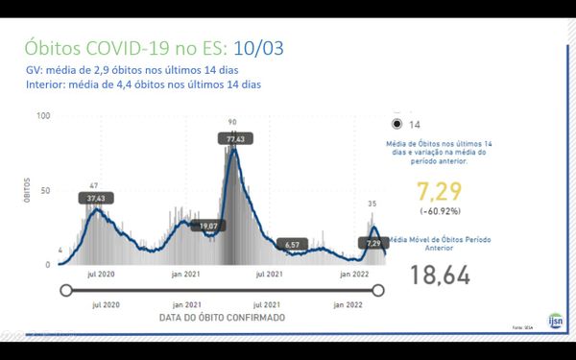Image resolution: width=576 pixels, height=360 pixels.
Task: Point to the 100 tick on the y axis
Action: (43, 116)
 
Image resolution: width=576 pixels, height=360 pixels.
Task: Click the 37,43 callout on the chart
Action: (94, 198)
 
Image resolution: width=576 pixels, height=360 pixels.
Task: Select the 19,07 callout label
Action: (206, 226)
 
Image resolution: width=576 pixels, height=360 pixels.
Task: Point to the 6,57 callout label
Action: (294, 245)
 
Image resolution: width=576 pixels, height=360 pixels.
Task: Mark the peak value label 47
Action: (94, 185)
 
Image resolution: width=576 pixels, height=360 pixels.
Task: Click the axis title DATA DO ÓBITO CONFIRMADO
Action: (222, 316)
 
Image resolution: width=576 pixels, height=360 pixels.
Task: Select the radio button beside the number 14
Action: (396, 124)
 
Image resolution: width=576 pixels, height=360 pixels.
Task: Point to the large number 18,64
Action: (441, 276)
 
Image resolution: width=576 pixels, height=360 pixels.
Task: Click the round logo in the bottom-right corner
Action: (555, 320)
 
